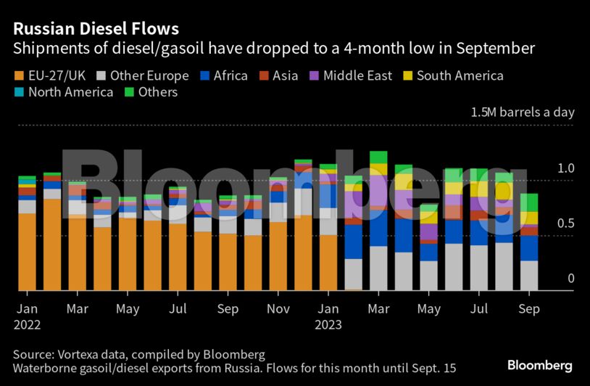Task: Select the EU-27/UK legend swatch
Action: pos(18,75)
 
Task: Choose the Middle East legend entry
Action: pos(350,75)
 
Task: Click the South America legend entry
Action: pos(452,75)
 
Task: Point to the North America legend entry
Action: pos(63,92)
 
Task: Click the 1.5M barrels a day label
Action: pos(522,112)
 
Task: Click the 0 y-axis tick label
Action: pos(570,279)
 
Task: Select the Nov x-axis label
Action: pos(278,309)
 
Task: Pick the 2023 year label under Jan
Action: pos(328,324)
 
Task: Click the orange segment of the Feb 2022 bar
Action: pos(52,244)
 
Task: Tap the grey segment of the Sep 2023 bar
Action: pos(529,276)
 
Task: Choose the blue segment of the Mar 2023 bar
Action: pos(378,228)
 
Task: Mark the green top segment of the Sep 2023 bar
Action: pos(529,202)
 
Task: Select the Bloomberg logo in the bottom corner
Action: pos(540,365)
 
